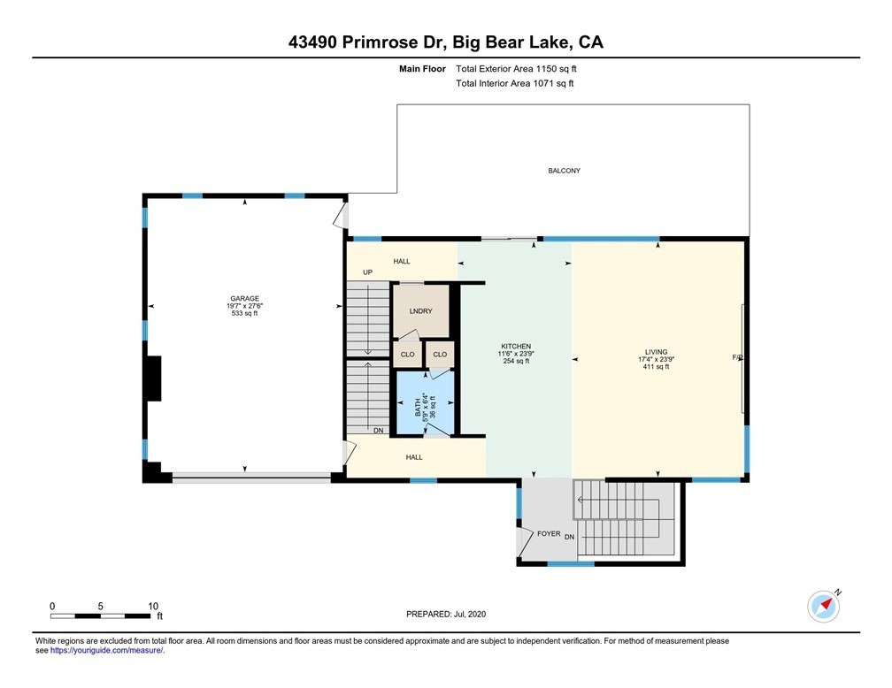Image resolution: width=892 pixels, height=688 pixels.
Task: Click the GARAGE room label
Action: tap(243, 299)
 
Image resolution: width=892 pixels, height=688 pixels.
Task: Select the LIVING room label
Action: tap(656, 352)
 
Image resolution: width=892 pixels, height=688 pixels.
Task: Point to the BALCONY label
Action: tap(564, 171)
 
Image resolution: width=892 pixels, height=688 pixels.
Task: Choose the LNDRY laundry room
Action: tap(420, 312)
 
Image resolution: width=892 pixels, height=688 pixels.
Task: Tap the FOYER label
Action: tap(548, 535)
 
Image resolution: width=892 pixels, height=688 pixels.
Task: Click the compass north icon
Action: tap(823, 606)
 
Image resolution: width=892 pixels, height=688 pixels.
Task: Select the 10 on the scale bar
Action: tap(153, 606)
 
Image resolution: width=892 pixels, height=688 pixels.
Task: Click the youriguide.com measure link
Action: tap(107, 650)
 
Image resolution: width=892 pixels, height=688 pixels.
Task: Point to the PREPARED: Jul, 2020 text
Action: tap(446, 614)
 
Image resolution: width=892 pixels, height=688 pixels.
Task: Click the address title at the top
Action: tap(445, 42)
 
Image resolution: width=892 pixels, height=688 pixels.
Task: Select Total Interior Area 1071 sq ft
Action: tap(515, 83)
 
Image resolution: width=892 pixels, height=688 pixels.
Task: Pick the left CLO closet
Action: tap(407, 355)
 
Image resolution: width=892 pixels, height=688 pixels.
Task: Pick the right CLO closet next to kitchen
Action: tap(440, 355)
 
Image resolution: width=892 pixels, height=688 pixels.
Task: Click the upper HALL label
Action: tap(402, 262)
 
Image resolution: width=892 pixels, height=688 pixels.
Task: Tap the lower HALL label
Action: tap(413, 457)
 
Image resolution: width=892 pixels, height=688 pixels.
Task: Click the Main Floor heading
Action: tap(423, 68)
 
